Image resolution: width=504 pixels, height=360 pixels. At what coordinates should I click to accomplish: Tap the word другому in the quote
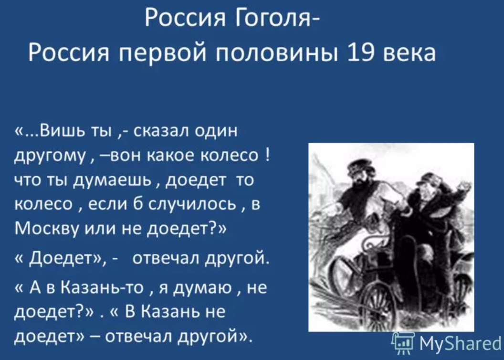click(50, 157)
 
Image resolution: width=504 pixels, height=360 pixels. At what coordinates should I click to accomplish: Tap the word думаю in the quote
click(202, 288)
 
